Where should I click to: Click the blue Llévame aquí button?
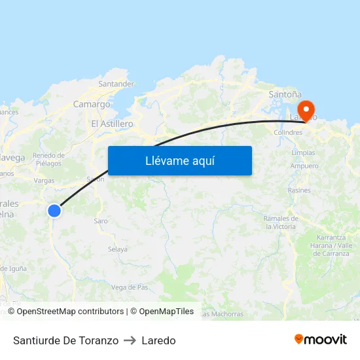(180, 160)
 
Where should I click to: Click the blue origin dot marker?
(54, 210)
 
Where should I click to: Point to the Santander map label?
(116, 84)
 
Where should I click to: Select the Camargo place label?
(92, 104)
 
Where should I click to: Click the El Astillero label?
(112, 124)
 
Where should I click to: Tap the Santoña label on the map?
(285, 94)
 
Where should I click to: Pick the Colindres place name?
(288, 132)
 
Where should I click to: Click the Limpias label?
(303, 153)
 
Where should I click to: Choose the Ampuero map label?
(304, 166)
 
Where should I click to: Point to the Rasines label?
(299, 190)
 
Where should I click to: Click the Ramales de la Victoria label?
(281, 222)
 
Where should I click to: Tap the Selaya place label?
(118, 249)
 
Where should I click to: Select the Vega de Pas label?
(130, 287)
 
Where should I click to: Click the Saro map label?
(101, 221)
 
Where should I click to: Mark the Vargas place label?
(44, 180)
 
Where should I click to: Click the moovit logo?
(321, 340)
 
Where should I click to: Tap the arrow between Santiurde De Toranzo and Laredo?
(130, 340)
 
